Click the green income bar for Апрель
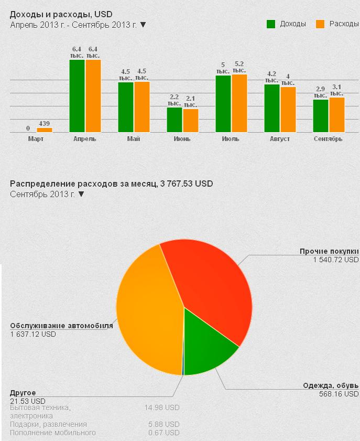pos(77,96)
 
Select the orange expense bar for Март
pos(45,130)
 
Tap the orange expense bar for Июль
pos(239,103)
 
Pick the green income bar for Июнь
pos(174,120)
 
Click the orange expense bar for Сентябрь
pos(337,115)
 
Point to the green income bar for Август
pos(272,108)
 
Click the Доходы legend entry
pos(286,24)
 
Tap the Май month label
pos(133,139)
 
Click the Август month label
pos(280,139)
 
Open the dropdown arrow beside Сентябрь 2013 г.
pos(81,194)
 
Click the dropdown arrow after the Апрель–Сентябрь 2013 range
pos(143,24)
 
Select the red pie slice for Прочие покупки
pos(210,283)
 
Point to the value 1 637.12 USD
pos(33,334)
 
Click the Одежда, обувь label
pos(331,386)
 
